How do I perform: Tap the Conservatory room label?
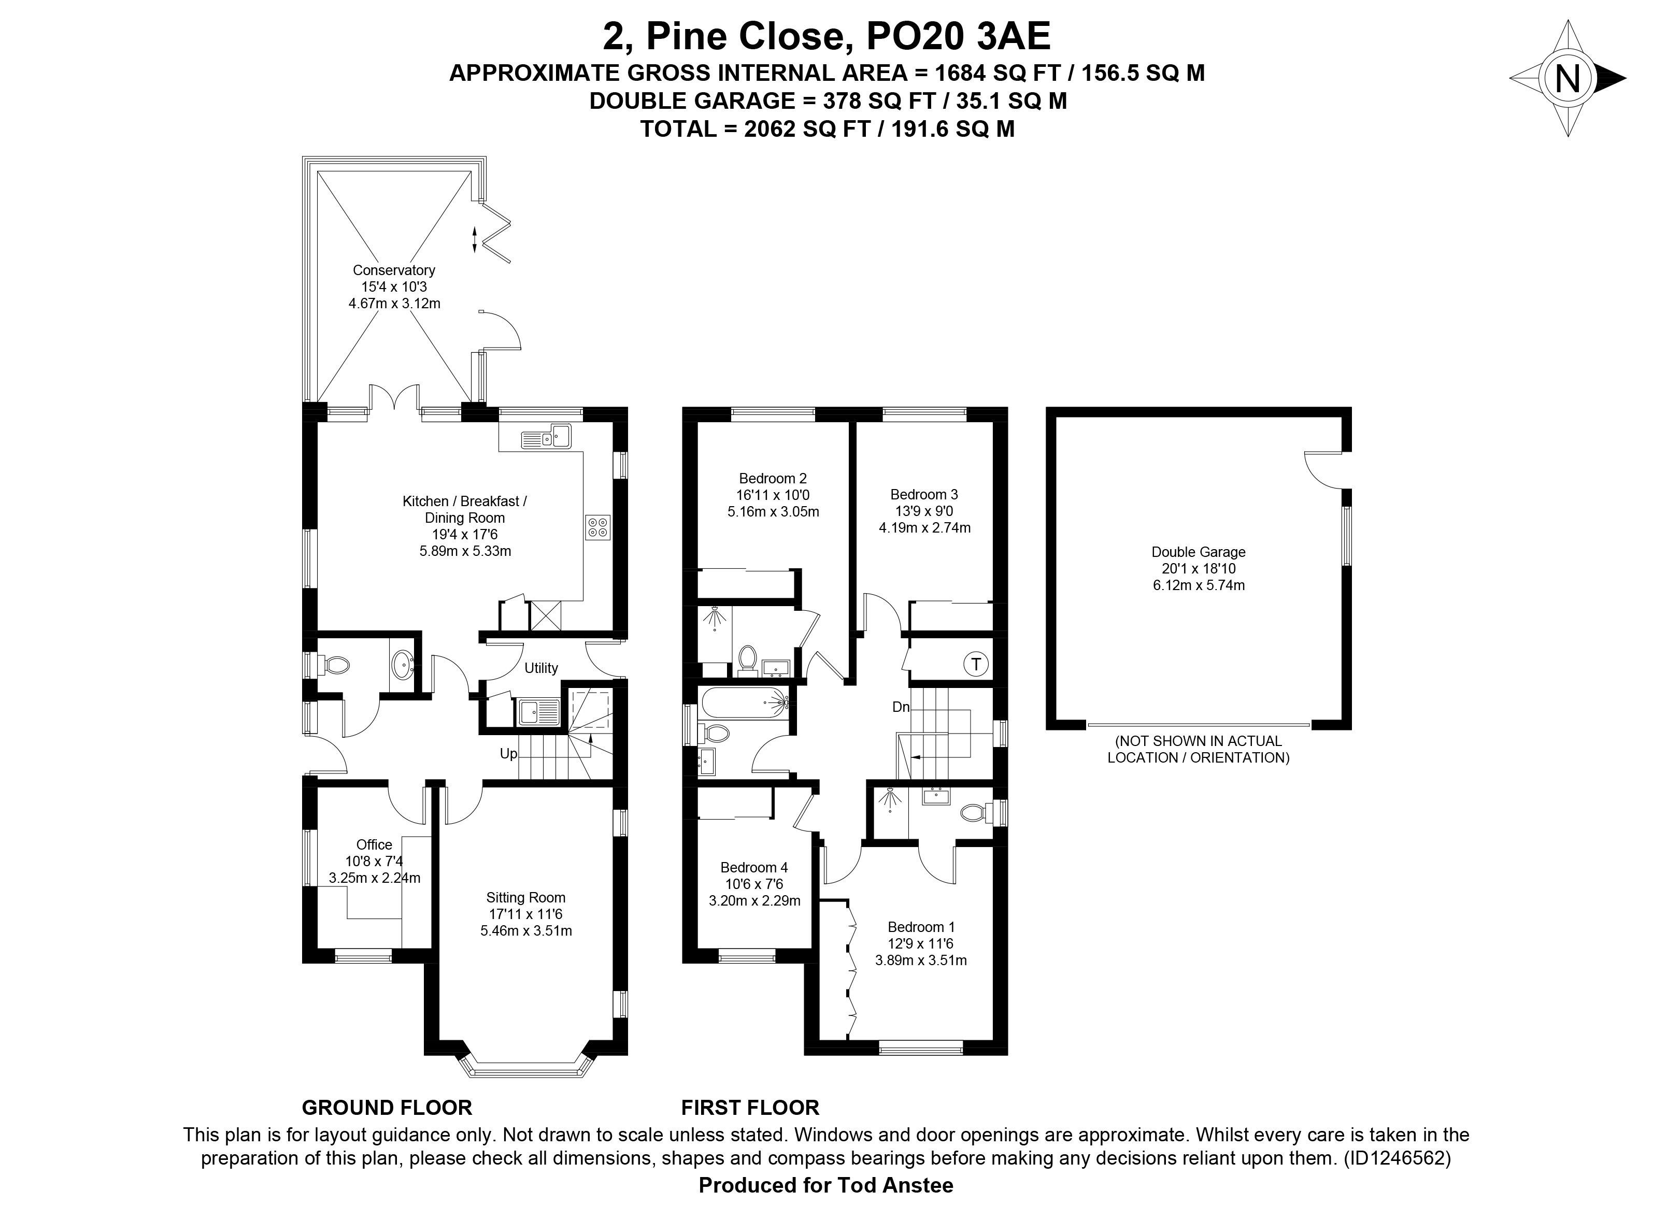[394, 270]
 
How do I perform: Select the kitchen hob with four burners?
[597, 528]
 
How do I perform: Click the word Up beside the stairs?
[508, 753]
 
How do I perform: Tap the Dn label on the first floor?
[901, 707]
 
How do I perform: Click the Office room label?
[374, 844]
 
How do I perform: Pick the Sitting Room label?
[526, 898]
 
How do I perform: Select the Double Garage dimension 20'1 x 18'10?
[1199, 569]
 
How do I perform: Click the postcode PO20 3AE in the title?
[958, 36]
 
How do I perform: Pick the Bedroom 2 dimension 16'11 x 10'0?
[773, 495]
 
